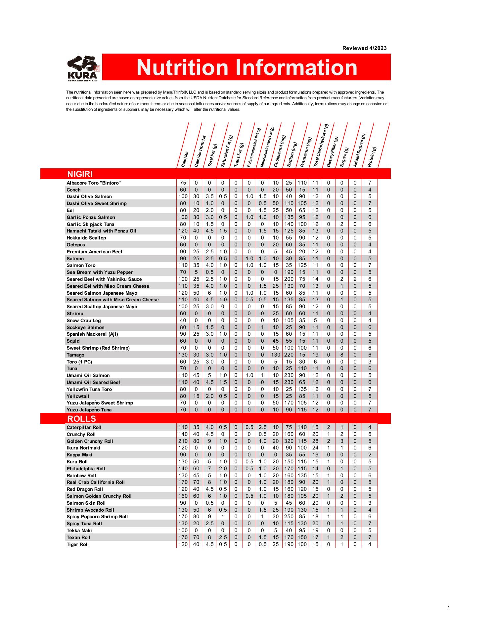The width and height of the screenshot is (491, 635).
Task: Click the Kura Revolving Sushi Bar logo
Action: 83,68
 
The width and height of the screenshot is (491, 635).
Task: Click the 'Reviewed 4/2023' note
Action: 364,48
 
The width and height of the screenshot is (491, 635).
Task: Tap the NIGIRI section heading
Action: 80,174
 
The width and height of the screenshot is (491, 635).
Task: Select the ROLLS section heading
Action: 81,419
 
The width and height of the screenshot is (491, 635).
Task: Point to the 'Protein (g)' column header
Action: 372,157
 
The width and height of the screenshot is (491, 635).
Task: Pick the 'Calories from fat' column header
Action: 200,151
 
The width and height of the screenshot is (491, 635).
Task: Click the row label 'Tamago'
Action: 75,355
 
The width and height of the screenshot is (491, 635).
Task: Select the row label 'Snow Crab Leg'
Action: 84,320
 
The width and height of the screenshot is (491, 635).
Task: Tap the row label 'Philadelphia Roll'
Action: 86,469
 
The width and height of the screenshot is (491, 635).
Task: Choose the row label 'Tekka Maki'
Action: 79,530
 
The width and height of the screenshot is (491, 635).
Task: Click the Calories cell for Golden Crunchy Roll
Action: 183,441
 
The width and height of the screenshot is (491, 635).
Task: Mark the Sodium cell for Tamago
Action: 289,355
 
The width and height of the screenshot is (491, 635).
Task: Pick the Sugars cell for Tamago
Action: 342,355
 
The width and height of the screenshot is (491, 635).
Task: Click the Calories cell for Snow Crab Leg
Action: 183,320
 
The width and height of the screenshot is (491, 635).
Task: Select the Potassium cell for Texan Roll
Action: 302,537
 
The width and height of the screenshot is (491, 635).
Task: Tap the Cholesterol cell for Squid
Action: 276,341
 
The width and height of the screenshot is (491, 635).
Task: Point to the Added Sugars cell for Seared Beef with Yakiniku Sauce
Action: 355,279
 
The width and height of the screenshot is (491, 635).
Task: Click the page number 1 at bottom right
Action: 449,608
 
